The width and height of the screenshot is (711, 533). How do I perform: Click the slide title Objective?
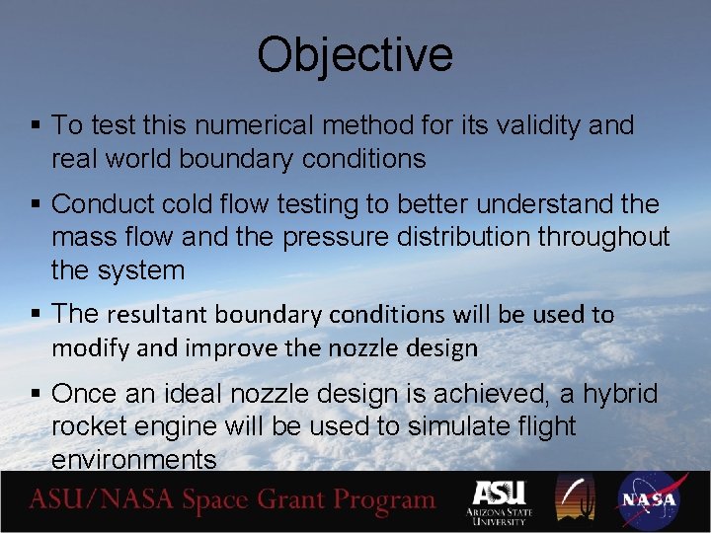pos(355,56)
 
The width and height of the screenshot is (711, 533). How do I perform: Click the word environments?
pos(133,460)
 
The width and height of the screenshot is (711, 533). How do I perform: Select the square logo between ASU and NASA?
pos(575,499)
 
